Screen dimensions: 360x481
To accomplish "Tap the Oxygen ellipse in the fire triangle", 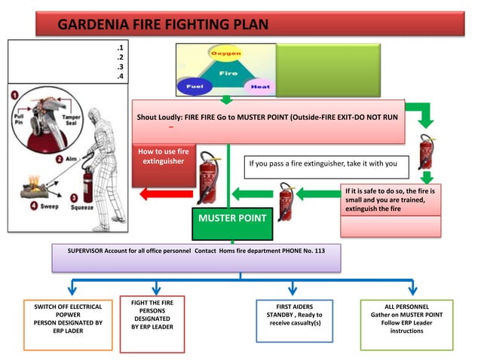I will pos(225,54).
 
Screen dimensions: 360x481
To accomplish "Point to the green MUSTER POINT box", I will pos(231,219).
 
